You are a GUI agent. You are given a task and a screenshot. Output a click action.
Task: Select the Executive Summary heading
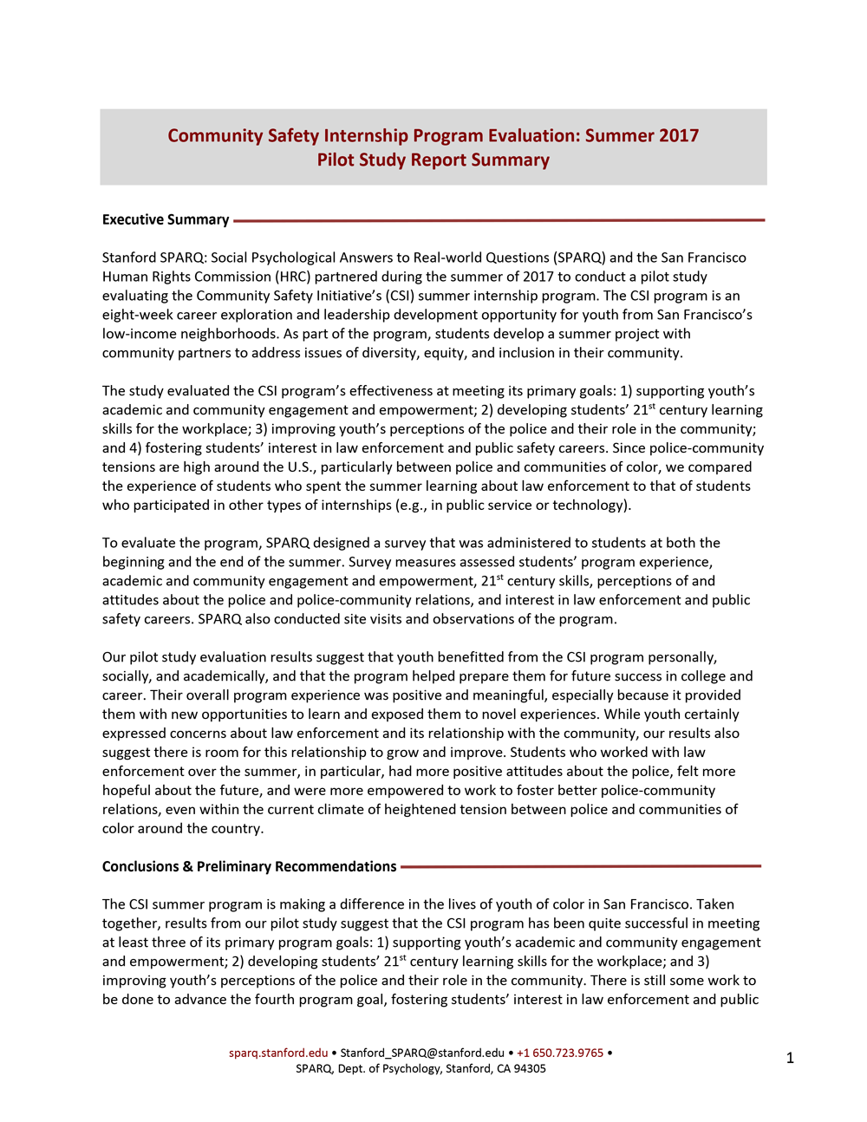(x=166, y=220)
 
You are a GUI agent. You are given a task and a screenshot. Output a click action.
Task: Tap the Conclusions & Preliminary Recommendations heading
(x=249, y=867)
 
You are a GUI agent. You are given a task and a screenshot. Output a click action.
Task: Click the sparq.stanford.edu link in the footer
(x=278, y=1054)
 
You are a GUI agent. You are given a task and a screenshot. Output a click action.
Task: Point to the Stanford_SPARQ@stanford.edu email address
(x=422, y=1054)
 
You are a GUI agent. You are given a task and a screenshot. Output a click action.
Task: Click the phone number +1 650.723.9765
(x=560, y=1054)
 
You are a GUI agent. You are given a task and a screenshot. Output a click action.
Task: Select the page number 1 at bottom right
(x=790, y=1058)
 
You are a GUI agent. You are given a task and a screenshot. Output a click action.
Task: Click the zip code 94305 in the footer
(x=530, y=1069)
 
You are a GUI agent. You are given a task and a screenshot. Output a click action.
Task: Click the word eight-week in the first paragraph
(x=134, y=316)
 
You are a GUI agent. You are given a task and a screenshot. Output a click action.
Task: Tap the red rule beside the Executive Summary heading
(x=499, y=220)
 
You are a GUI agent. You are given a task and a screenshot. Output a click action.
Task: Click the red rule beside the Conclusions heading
(x=581, y=866)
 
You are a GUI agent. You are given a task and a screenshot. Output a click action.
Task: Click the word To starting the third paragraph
(x=111, y=544)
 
